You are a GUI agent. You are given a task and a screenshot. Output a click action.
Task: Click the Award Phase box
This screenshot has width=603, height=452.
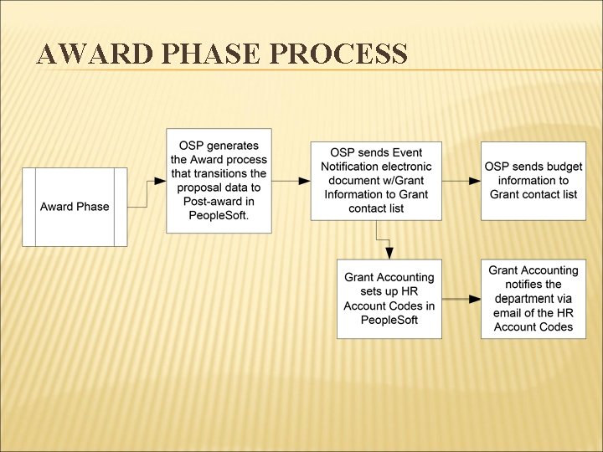pyautogui.click(x=75, y=207)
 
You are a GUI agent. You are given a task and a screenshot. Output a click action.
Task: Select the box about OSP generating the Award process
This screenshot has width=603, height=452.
pyautogui.click(x=219, y=181)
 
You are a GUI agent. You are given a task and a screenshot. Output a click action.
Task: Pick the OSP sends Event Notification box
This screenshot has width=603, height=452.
pyautogui.click(x=376, y=181)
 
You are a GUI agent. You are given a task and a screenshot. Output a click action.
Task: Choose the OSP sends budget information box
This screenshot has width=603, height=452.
pyautogui.click(x=533, y=181)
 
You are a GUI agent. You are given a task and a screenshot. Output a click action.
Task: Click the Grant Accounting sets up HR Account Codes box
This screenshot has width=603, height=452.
pyautogui.click(x=389, y=299)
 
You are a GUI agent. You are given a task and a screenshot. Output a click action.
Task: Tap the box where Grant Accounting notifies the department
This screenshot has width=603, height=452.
pyautogui.click(x=533, y=299)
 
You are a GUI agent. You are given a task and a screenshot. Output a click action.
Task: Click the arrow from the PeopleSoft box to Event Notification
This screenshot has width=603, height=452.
pyautogui.click(x=291, y=181)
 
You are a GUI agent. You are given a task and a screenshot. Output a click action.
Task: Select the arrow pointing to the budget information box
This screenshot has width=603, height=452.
pyautogui.click(x=461, y=181)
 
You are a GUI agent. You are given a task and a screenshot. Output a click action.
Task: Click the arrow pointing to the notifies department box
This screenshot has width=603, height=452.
pyautogui.click(x=461, y=299)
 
